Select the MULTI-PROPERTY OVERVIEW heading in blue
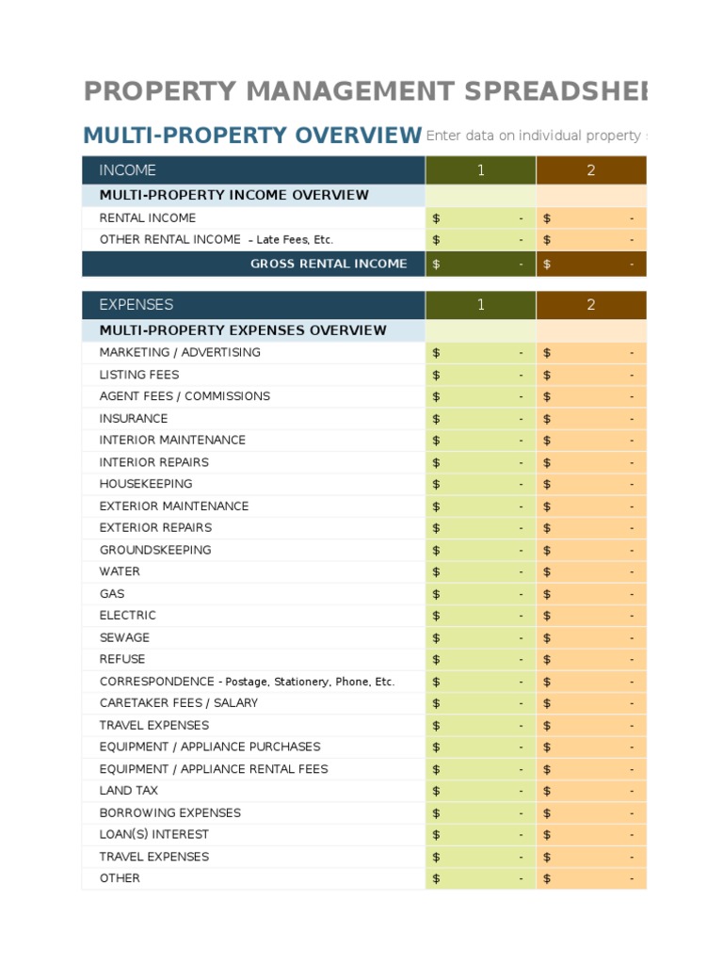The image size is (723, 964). [x=252, y=136]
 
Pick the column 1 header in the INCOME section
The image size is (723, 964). [x=480, y=170]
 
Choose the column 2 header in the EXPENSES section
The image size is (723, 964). [x=591, y=305]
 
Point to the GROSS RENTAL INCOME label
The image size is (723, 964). [x=329, y=264]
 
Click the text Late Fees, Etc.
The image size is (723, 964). [x=294, y=240]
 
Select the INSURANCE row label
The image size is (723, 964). [x=134, y=419]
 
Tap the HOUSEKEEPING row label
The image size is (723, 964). [x=146, y=484]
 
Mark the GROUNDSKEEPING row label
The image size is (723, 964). [x=155, y=550]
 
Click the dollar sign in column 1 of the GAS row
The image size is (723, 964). [x=436, y=594]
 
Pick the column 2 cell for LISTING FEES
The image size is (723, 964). [x=591, y=375]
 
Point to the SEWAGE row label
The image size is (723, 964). [x=124, y=637]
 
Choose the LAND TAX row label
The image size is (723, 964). [x=129, y=791]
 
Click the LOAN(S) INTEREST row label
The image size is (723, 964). [x=154, y=834]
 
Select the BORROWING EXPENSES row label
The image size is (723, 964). [x=170, y=812]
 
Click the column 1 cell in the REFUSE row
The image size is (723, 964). [x=480, y=660]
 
